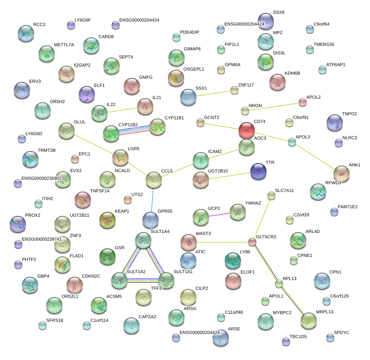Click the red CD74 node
(x=246, y=130)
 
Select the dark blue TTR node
(x=258, y=171)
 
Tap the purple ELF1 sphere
(x=86, y=94)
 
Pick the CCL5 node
(x=153, y=179)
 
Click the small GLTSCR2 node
(x=252, y=242)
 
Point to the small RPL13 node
(x=279, y=284)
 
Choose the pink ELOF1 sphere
(x=233, y=280)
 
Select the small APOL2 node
(x=302, y=102)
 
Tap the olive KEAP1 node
(x=108, y=220)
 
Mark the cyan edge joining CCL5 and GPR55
(x=152, y=199)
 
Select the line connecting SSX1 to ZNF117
(x=212, y=93)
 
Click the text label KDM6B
(x=293, y=73)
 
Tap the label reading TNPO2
(x=349, y=114)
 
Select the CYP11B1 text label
(x=174, y=118)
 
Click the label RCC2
(x=39, y=24)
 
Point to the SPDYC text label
(x=341, y=332)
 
